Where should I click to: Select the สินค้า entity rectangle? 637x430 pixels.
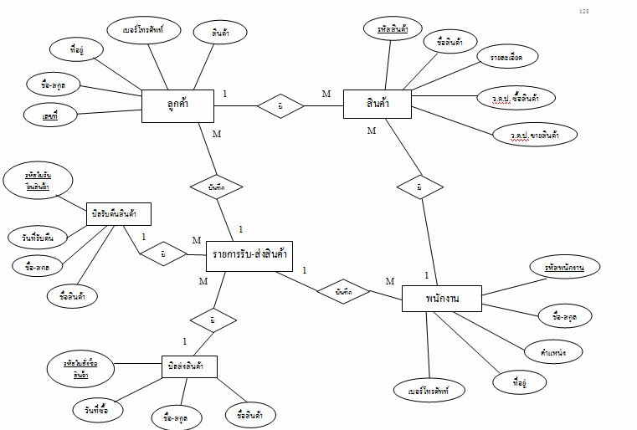[x=377, y=105]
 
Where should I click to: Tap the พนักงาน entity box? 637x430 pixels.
[x=441, y=299]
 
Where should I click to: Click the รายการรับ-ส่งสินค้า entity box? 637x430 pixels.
[x=249, y=255]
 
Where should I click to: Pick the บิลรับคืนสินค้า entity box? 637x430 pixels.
[x=119, y=215]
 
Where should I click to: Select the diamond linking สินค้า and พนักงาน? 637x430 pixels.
[x=419, y=187]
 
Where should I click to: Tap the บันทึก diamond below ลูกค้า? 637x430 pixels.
[x=214, y=187]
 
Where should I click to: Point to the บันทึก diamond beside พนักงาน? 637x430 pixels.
[x=342, y=290]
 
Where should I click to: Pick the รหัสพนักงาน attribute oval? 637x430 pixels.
[x=563, y=268]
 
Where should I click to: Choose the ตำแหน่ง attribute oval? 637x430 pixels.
[x=554, y=351]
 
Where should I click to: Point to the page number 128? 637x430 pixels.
[x=584, y=11]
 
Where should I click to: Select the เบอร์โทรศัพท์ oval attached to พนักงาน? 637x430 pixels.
[x=429, y=391]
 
